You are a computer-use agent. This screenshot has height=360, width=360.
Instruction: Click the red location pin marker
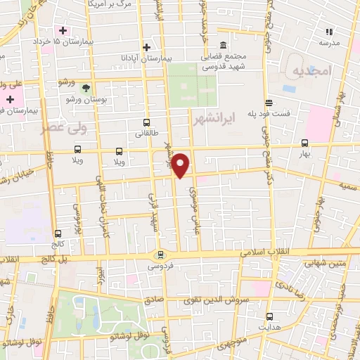click(x=181, y=164)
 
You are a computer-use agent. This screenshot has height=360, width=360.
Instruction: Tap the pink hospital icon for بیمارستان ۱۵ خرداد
click(x=63, y=30)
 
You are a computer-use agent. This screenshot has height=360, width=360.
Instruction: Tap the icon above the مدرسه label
click(x=328, y=31)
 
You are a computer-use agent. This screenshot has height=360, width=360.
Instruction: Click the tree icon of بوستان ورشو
click(x=86, y=89)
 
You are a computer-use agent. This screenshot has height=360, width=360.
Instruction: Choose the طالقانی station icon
click(x=146, y=122)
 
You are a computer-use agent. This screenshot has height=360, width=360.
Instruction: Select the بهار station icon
click(x=304, y=141)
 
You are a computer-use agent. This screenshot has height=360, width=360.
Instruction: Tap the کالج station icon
click(x=58, y=233)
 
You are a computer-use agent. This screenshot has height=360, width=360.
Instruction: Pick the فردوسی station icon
click(x=161, y=255)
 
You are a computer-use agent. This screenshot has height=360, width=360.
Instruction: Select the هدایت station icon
click(x=269, y=317)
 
